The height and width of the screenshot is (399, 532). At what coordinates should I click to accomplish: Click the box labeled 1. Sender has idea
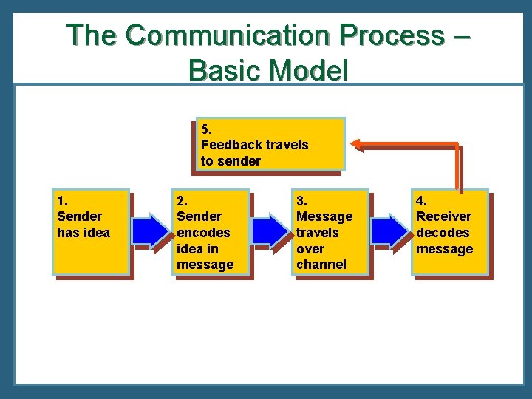tap(91, 231)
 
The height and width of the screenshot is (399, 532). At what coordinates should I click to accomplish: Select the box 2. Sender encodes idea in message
tap(211, 231)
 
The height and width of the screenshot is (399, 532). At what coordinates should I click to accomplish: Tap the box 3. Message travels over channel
tap(330, 231)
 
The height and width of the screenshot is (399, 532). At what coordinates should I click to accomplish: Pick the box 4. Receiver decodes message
tap(450, 231)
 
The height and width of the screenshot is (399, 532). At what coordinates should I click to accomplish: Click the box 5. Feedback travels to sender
tap(270, 144)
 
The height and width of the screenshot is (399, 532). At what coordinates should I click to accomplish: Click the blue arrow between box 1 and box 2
tap(151, 231)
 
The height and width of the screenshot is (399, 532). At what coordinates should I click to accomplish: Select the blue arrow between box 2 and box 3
tap(271, 231)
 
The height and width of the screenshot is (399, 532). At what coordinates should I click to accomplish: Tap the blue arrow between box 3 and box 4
tap(391, 231)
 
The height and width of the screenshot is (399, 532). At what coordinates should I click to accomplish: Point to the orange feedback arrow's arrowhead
tap(358, 144)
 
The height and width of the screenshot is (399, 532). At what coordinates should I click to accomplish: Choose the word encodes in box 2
tap(203, 233)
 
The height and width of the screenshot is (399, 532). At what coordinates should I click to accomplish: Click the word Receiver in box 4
tap(443, 216)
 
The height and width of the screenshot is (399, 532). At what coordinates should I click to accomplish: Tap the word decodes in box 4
tap(442, 233)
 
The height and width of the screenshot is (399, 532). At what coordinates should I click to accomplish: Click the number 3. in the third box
tap(301, 200)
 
